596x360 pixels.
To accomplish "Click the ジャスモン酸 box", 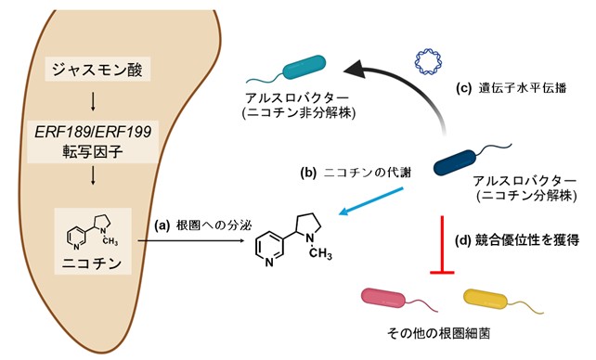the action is coord(97,69).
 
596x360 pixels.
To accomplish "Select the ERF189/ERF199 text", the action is coord(93,132).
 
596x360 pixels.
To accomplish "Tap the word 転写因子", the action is coord(93,151).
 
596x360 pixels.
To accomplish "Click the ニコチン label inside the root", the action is coord(92,263).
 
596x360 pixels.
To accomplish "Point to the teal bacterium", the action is coord(304,68).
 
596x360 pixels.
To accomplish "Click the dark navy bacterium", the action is coord(456,162).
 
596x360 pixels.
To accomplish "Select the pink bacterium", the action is coord(383,297).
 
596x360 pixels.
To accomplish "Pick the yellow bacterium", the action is coord(486,298).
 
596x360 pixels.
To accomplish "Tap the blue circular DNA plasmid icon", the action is coord(428,61).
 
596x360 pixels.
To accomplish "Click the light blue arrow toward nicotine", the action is coord(370,201).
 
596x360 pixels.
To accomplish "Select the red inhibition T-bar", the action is coord(442,245).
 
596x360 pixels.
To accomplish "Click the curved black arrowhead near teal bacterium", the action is coord(356,70).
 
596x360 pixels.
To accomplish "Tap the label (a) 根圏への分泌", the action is coord(203,225).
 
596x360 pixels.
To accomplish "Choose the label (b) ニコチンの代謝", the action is coord(356,173).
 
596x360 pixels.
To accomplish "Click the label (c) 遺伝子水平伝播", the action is coord(512,88).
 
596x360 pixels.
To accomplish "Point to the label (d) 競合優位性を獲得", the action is coord(517,240).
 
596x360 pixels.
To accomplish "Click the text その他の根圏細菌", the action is coord(438,333).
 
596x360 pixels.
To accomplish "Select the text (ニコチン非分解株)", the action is coord(299,113).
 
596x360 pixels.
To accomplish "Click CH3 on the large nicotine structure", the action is coord(320,253).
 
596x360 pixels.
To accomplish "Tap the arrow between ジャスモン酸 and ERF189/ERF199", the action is coord(93,102).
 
